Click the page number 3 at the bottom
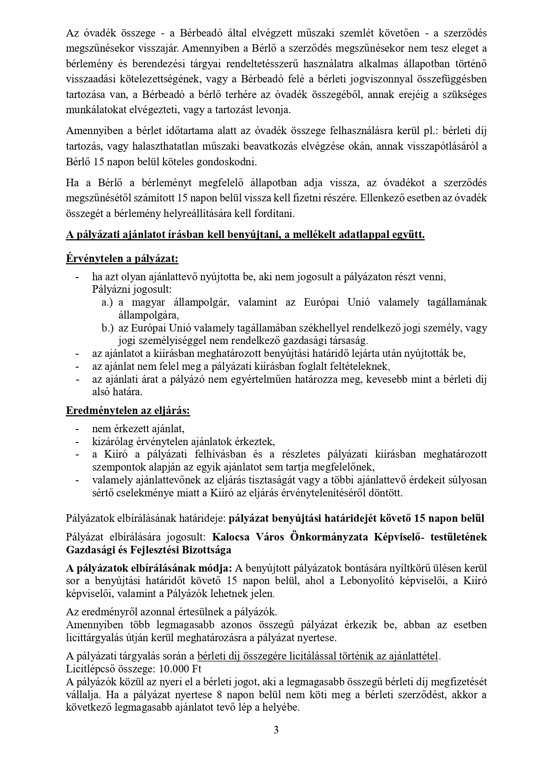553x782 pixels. coord(276,729)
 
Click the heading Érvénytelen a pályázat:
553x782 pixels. coord(122,258)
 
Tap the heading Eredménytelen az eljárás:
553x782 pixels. coord(128,410)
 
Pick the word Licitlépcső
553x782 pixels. coord(89,669)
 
